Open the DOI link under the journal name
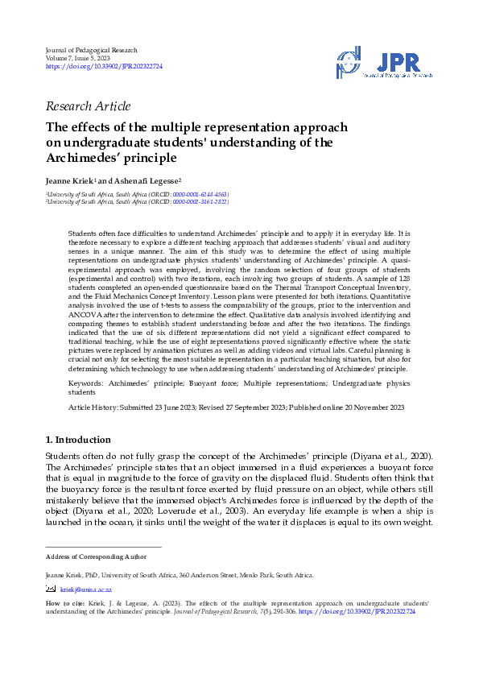click(104, 67)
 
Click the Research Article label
click(89, 106)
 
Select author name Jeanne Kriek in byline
click(73, 181)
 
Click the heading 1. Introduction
click(79, 440)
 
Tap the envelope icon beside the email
click(51, 589)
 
